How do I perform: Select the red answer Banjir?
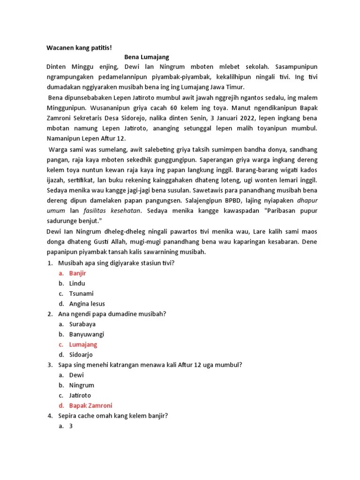click(x=77, y=273)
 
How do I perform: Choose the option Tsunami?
click(x=81, y=293)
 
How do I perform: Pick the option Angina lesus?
click(x=87, y=304)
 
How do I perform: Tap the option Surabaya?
click(x=82, y=324)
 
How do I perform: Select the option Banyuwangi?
click(x=86, y=334)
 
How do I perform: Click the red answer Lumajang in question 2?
click(x=83, y=345)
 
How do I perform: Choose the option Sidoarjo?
click(x=81, y=355)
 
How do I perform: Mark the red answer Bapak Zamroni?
click(x=90, y=405)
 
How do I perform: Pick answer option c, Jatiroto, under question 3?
click(x=80, y=395)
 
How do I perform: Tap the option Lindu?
click(x=77, y=283)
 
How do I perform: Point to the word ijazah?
click(x=57, y=180)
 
